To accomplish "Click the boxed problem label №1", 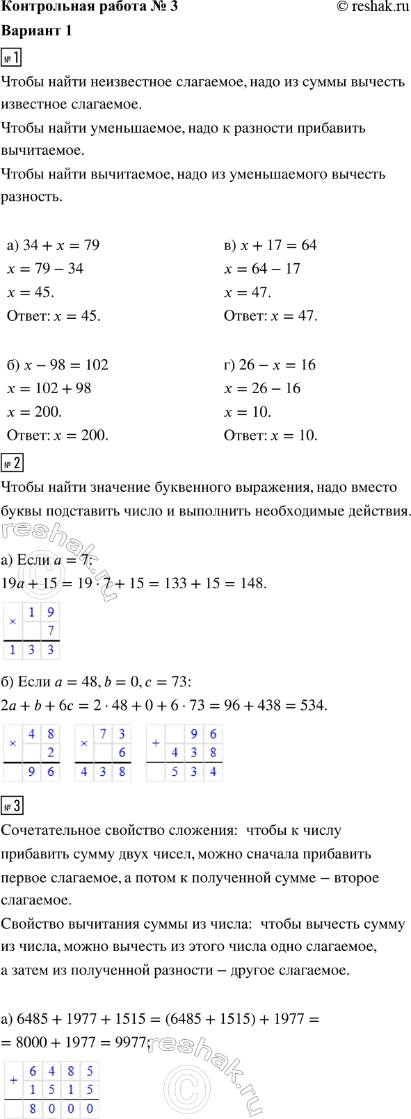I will [x=13, y=58].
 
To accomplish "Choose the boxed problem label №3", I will [x=13, y=806].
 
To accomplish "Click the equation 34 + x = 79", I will [x=53, y=245].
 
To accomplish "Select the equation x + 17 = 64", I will [x=271, y=245].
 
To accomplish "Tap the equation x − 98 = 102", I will [x=57, y=365].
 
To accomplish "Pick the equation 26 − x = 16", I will [x=270, y=365].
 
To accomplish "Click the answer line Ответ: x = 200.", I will [x=57, y=436].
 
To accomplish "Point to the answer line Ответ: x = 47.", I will [x=271, y=316].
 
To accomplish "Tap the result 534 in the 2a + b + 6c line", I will [x=311, y=705].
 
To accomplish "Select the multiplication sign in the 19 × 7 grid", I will [x=13, y=622].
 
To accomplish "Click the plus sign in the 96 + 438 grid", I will [x=156, y=743].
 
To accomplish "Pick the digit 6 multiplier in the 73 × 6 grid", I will [x=122, y=753].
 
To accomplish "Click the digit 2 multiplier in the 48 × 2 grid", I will [x=50, y=753].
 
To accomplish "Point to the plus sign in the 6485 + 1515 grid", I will [x=14, y=1080].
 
